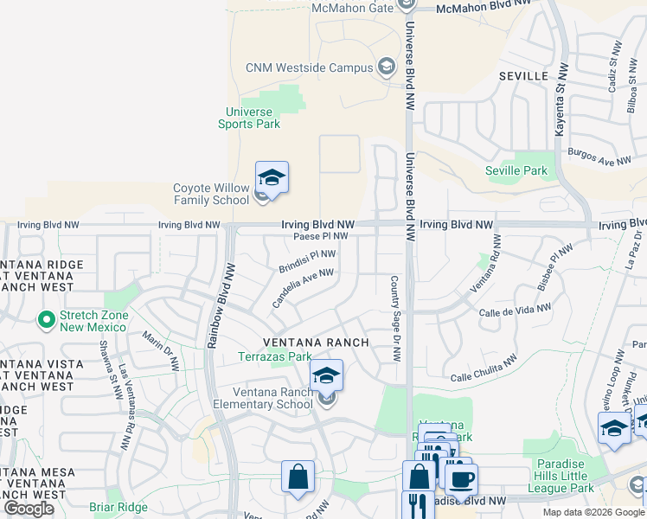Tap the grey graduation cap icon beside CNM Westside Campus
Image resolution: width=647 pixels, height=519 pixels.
[387, 67]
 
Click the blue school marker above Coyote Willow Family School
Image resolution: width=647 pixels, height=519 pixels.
[272, 178]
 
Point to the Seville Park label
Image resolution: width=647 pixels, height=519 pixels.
[516, 170]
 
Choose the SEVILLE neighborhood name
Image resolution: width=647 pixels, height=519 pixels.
[523, 76]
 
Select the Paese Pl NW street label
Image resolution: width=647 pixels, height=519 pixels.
[320, 236]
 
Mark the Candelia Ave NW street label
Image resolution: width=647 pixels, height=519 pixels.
[303, 287]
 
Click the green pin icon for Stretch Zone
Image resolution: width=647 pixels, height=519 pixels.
[47, 321]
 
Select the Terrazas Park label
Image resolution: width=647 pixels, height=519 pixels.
[275, 356]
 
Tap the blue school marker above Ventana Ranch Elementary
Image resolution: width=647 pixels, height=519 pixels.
[326, 375]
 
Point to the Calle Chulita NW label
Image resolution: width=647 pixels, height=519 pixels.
[484, 369]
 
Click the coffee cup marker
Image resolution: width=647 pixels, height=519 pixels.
[460, 478]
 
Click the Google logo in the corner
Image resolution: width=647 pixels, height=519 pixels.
[29, 509]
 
